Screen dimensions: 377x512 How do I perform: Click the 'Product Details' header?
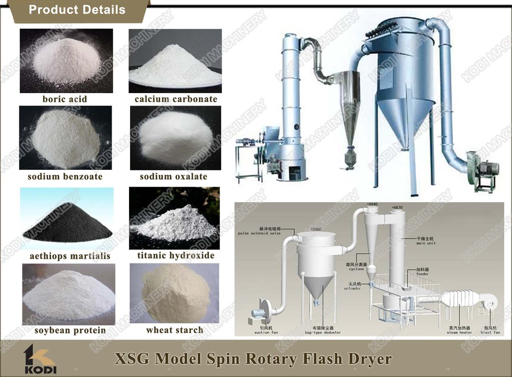tap(77, 10)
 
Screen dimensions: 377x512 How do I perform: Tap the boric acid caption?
tap(65, 99)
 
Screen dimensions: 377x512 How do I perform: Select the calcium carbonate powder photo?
tap(175, 61)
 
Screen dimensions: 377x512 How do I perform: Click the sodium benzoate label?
tap(65, 176)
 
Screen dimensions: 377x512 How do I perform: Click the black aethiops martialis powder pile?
tap(67, 220)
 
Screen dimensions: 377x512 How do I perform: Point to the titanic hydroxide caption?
tap(176, 255)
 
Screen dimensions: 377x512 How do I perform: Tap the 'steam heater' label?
tap(459, 332)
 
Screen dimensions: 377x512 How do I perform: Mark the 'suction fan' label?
tap(265, 332)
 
